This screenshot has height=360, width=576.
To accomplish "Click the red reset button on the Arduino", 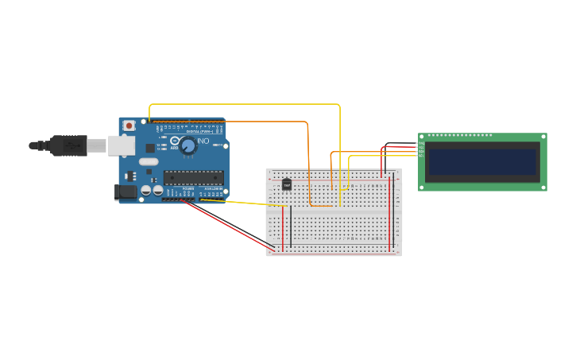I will pyautogui.click(x=129, y=126).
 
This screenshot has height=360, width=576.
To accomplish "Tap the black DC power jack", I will pyautogui.click(x=125, y=191).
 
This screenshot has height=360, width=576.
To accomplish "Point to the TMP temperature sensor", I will pyautogui.click(x=287, y=184).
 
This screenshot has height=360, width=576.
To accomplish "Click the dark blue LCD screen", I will pyautogui.click(x=482, y=162).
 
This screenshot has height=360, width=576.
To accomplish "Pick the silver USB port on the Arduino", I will pyautogui.click(x=121, y=145).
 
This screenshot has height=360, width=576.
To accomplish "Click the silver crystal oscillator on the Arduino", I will pyautogui.click(x=149, y=162).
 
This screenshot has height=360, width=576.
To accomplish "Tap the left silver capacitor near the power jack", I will pyautogui.click(x=146, y=191).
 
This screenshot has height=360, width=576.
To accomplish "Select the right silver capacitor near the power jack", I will pyautogui.click(x=158, y=191).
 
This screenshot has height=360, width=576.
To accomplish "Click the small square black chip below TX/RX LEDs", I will pyautogui.click(x=150, y=148).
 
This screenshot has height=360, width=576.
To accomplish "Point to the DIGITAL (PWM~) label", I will pyautogui.click(x=198, y=132).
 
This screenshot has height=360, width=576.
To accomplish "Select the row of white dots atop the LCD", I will pyautogui.click(x=460, y=136).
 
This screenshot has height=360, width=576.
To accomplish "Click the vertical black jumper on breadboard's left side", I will pyautogui.click(x=291, y=226).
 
